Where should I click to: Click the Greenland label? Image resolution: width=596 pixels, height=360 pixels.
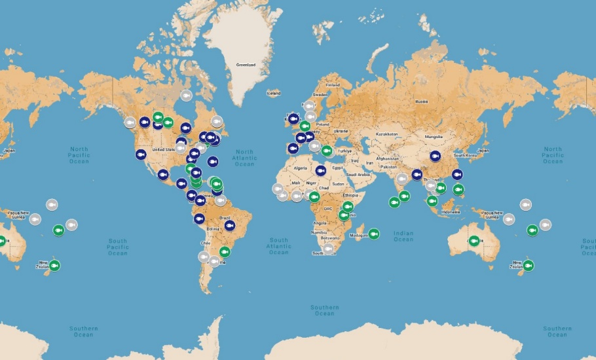coord(246,65)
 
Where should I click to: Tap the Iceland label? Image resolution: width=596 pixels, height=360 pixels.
coord(273,93)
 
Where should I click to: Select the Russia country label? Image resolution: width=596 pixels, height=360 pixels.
coord(421,101)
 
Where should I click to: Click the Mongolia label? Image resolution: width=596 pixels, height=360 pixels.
coord(434,137)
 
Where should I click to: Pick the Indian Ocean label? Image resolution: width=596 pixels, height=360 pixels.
coord(403,236)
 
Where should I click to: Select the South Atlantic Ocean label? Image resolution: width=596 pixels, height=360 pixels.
coord(278,246)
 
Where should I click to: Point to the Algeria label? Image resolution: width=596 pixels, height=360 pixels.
coord(299,168)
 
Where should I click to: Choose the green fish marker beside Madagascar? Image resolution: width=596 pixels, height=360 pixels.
coord(373,234)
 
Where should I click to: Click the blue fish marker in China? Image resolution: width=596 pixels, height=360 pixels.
coord(435,156)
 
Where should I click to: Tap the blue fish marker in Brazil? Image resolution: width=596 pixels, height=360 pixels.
coord(230,225)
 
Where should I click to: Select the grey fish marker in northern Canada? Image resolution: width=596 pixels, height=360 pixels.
coord(186,96)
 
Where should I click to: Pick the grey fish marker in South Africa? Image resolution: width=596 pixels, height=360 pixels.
coord(328,248)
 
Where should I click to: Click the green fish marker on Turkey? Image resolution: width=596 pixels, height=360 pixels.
coord(327,151)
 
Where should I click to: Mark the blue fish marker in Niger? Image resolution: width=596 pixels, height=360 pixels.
coord(320,171)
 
